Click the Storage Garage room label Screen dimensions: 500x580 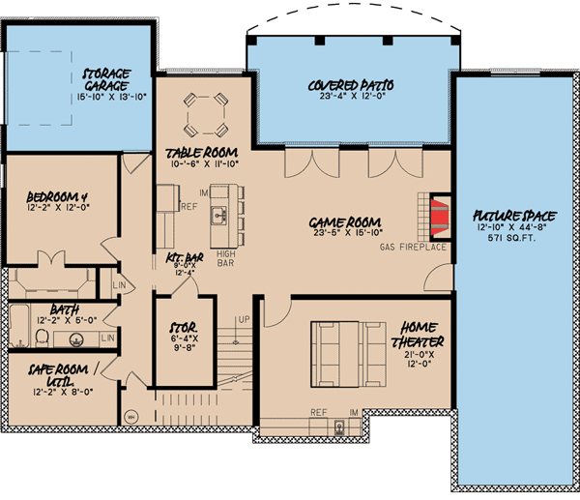(106, 78)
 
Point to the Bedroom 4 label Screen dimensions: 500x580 (57, 201)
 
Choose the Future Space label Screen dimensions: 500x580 (511, 214)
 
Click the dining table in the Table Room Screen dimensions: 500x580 (208, 114)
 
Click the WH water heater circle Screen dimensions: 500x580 (131, 417)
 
